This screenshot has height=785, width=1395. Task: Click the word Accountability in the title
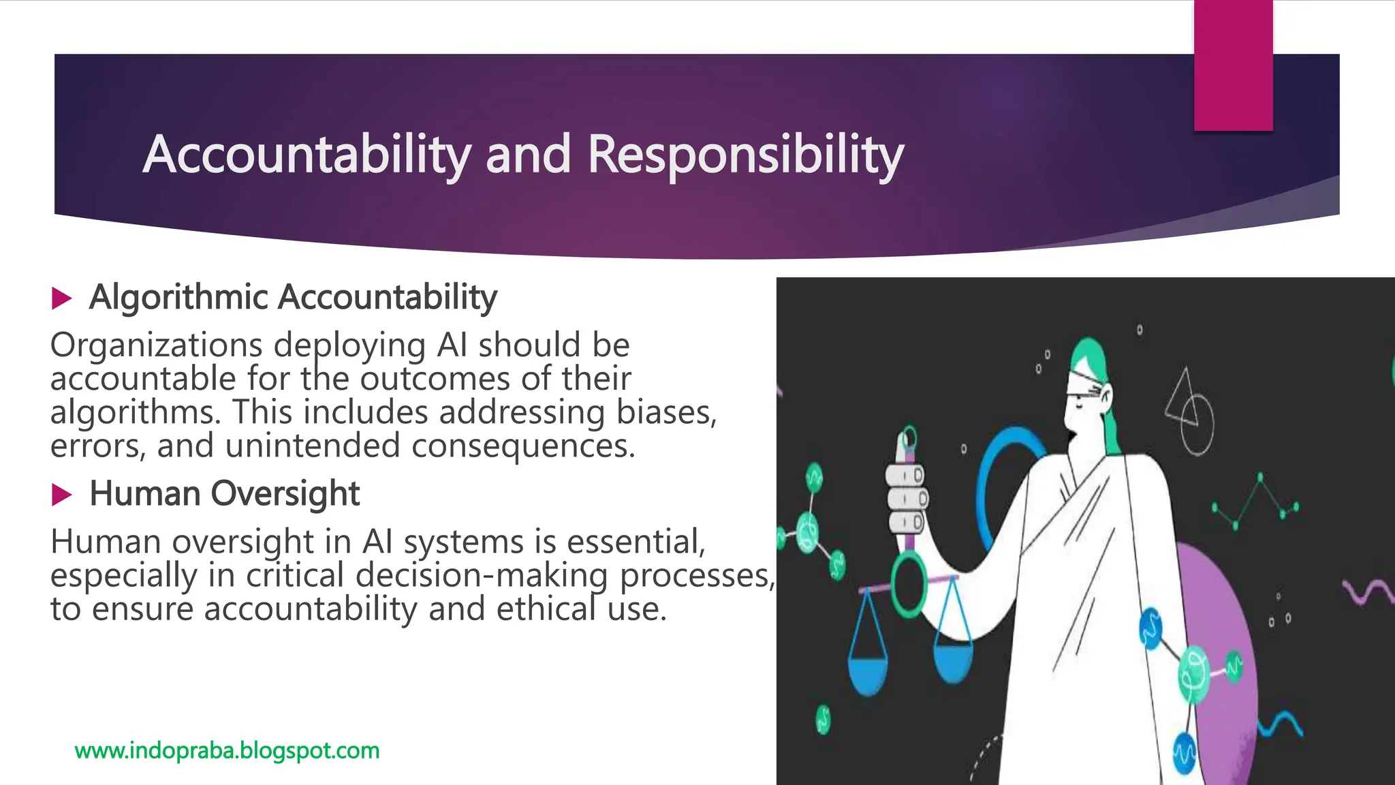coord(307,155)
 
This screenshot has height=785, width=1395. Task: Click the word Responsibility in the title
coord(745,155)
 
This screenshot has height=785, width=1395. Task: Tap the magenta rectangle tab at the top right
coord(1233,65)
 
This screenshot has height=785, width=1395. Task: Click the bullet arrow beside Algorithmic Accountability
coord(61,298)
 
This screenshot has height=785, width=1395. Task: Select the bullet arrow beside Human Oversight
coord(61,495)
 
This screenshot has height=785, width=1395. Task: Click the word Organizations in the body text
coord(156,345)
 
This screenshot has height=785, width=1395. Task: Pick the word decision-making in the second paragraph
coord(482,575)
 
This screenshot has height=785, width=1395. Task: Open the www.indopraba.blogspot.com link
coord(227,750)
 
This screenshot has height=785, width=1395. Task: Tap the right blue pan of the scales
coord(952,661)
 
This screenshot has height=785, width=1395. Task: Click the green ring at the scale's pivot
coord(909,584)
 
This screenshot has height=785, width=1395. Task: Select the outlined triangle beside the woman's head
coord(1180,399)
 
